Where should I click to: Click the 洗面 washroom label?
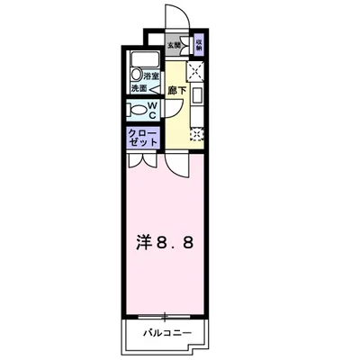138,89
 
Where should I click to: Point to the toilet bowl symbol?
138,110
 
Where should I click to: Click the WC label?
153,110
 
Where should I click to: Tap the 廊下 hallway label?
176,90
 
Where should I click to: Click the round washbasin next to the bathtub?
139,76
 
